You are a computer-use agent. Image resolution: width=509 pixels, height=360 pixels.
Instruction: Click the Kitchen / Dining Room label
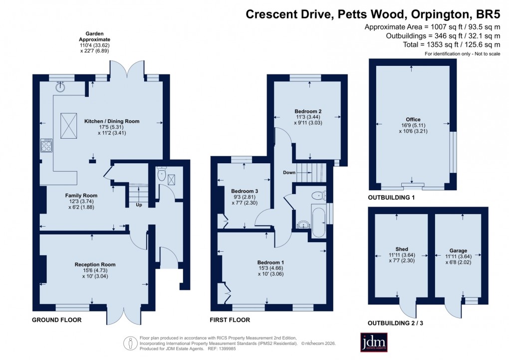(112, 121)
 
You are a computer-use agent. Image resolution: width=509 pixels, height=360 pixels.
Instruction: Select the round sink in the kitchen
(60, 87)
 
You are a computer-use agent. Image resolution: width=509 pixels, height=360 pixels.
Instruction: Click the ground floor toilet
(161, 175)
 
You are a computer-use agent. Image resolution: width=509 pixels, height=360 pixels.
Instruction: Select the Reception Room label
(95, 265)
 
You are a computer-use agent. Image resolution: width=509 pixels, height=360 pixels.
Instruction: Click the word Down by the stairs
(289, 173)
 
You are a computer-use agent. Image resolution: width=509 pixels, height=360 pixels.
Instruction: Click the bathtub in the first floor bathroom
(318, 220)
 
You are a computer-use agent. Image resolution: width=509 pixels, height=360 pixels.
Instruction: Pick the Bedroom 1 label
(270, 263)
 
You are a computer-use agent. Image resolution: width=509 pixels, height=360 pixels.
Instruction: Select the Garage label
(458, 250)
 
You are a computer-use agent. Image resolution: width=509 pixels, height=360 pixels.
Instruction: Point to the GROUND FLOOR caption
(56, 320)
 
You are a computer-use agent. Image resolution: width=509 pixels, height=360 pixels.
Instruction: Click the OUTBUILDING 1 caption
(391, 198)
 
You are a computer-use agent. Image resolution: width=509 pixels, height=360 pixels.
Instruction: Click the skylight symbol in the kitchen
(67, 121)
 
